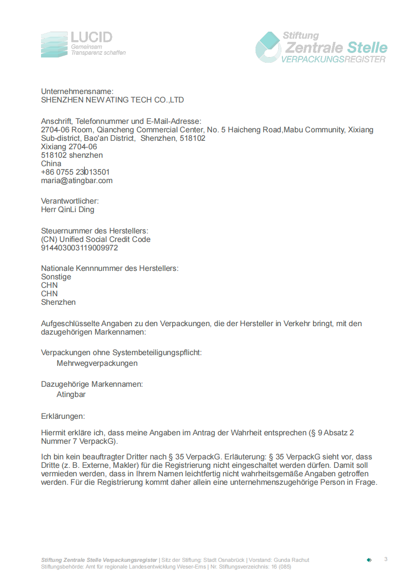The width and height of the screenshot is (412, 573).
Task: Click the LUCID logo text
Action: point(91,37)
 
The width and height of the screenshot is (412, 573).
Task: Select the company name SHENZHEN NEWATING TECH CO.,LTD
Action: point(112,100)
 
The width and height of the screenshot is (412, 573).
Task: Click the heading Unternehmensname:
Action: point(78,92)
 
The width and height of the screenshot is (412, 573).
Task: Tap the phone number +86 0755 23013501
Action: point(75,172)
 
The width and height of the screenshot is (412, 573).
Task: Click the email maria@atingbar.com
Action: point(77,180)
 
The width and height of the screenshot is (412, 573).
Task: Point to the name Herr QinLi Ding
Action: point(68,209)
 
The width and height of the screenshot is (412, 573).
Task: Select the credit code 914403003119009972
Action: point(79,248)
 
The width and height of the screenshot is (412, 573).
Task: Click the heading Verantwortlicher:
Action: point(70,201)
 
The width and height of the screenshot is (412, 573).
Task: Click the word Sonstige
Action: point(56,277)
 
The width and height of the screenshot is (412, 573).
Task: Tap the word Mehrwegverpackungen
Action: point(97,363)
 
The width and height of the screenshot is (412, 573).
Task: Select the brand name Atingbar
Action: point(71,394)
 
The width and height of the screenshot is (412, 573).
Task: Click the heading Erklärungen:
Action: point(63,416)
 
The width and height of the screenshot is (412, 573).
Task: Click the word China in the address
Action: point(51,164)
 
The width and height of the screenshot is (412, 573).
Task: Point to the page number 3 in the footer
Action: point(386,559)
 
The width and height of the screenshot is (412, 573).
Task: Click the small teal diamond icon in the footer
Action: point(369,560)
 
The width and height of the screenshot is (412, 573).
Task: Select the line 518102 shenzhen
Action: point(72,155)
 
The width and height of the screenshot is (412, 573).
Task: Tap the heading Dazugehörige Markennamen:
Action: point(92,384)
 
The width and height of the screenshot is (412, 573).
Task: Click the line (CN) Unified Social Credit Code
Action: point(96,239)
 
